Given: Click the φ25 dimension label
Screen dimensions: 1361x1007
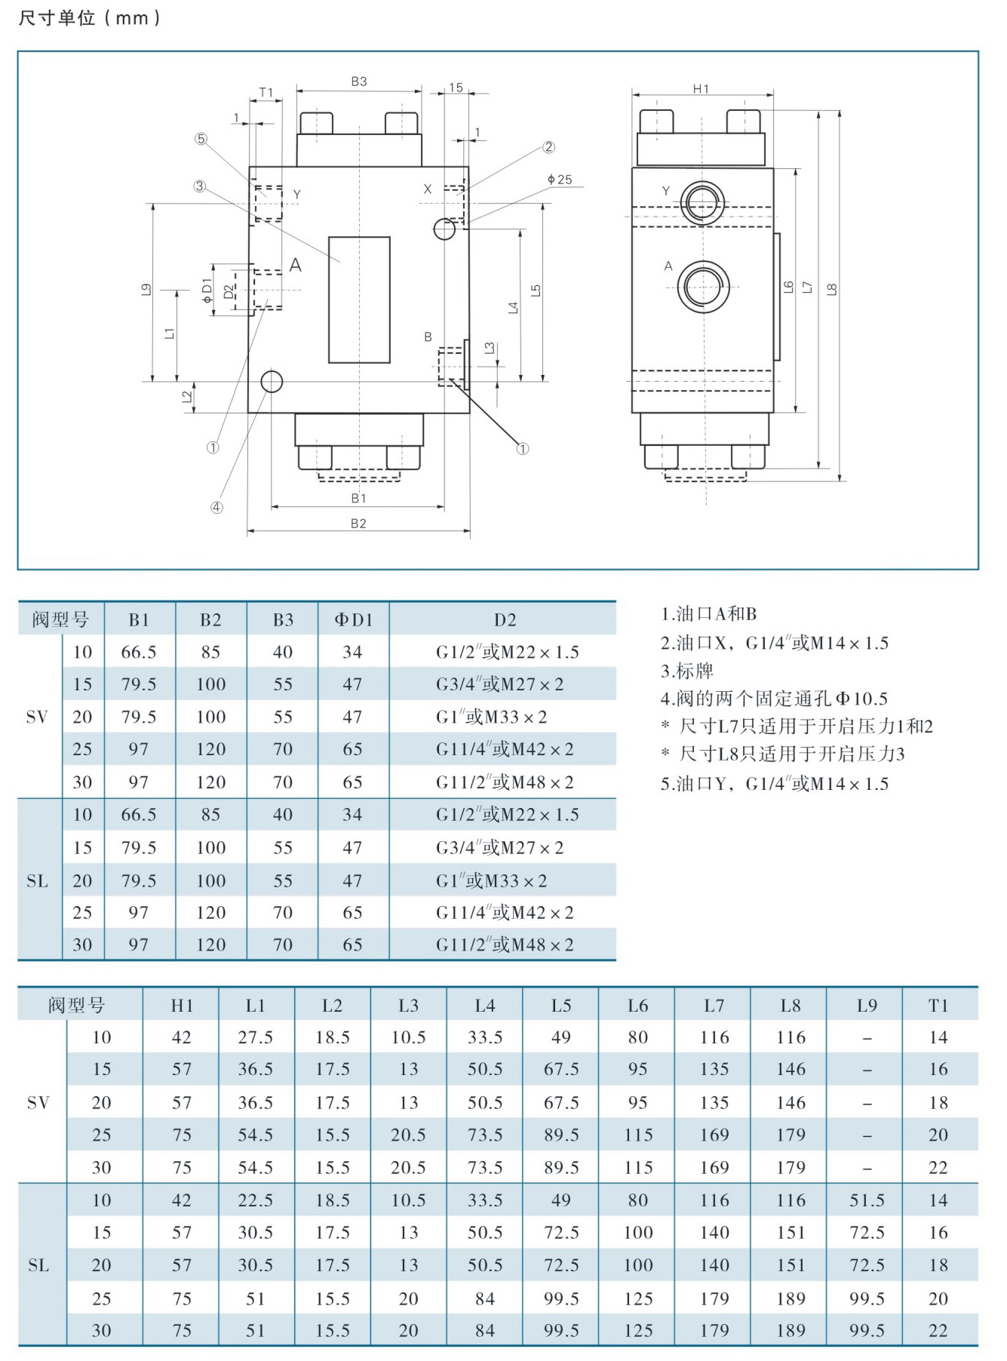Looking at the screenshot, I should pos(560,180).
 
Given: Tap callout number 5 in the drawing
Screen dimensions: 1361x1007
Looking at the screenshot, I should pos(201,139).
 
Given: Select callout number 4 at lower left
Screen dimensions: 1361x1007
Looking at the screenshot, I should pos(216,508).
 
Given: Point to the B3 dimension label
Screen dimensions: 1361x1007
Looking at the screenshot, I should pos(359,81).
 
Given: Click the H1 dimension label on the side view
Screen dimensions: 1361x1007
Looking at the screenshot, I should pos(702,89).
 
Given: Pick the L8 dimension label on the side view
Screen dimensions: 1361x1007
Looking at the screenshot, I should pos(831,289).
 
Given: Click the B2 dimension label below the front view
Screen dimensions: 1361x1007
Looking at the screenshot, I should pos(358,524).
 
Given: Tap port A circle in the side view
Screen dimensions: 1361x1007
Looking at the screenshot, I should pos(703,287).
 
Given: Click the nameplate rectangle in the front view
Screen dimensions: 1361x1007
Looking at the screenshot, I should pos(359,300).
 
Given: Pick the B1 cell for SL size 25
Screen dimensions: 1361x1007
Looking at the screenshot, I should pos(139,913).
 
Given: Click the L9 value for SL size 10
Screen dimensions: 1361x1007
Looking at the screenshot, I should pos(867,1200).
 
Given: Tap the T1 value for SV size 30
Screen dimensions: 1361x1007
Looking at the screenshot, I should pos(938,1168).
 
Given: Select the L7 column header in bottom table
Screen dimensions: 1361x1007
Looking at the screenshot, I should pos(714,1006).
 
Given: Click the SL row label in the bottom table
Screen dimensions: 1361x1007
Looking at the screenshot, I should pos(38,1265).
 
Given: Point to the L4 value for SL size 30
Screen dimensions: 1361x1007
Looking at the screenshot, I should pos(484,1331).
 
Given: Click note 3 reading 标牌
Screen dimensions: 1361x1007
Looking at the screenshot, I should pos(687,671).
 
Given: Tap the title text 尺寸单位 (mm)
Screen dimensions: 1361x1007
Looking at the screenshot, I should pos(89,18).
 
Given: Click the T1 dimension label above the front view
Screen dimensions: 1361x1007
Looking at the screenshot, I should pos(266,93).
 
